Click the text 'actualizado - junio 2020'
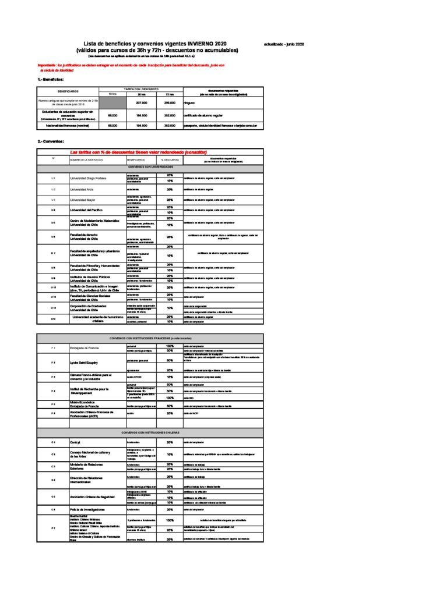(284, 44)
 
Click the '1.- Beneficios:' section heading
(51, 79)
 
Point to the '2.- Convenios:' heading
(51, 141)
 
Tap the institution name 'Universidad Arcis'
(82, 190)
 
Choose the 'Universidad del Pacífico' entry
(86, 210)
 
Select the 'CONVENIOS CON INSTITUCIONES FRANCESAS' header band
(150, 338)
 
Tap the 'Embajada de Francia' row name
(85, 348)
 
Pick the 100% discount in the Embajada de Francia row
(170, 346)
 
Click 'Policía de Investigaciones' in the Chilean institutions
(87, 509)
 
